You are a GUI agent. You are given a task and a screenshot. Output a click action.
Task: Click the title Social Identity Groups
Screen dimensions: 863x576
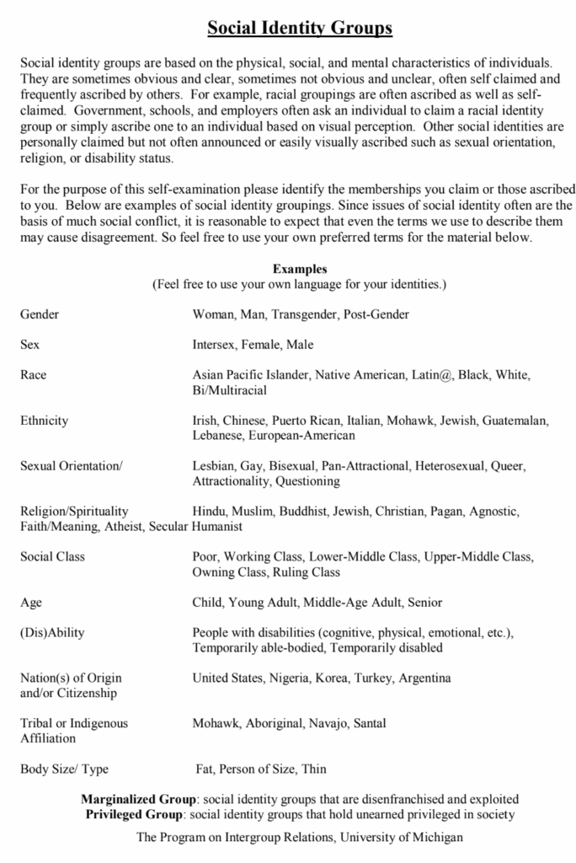pos(300,29)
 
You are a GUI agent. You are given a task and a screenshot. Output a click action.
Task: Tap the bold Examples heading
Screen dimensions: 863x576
pos(299,269)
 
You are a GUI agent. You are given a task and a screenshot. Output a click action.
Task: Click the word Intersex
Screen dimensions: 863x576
pos(214,345)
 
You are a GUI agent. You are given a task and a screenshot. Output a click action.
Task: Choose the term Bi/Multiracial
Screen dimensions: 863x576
pos(229,390)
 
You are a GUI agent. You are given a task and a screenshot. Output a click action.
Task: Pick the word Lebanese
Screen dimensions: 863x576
pos(218,436)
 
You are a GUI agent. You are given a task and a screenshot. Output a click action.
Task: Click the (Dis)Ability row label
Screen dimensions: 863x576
pos(52,633)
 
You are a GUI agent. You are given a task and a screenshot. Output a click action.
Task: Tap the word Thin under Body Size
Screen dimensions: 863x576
pos(312,769)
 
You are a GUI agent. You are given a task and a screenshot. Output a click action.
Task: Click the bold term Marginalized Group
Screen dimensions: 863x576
pos(139,798)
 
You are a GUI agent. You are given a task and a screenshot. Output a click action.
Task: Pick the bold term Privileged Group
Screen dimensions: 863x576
pos(136,814)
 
